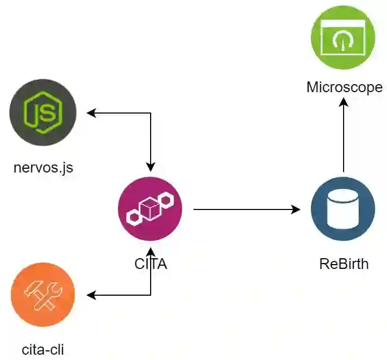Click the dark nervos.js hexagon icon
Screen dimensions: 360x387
click(x=43, y=113)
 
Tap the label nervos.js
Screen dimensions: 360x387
click(x=43, y=168)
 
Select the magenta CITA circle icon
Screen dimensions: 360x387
click(x=150, y=208)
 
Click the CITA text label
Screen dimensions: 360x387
click(x=151, y=264)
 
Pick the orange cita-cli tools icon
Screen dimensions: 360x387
click(x=43, y=295)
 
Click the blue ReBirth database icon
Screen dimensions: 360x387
click(x=343, y=208)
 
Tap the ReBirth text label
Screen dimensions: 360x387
click(x=344, y=264)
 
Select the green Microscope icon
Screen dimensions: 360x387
click(x=343, y=37)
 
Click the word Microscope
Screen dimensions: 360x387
click(x=344, y=87)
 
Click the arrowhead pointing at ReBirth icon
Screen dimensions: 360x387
click(x=295, y=209)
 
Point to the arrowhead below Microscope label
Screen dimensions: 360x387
click(x=344, y=102)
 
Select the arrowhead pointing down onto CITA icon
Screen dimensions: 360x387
click(x=151, y=163)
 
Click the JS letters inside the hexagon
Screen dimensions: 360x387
click(x=43, y=113)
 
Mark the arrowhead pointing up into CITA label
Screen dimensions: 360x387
click(x=151, y=252)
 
